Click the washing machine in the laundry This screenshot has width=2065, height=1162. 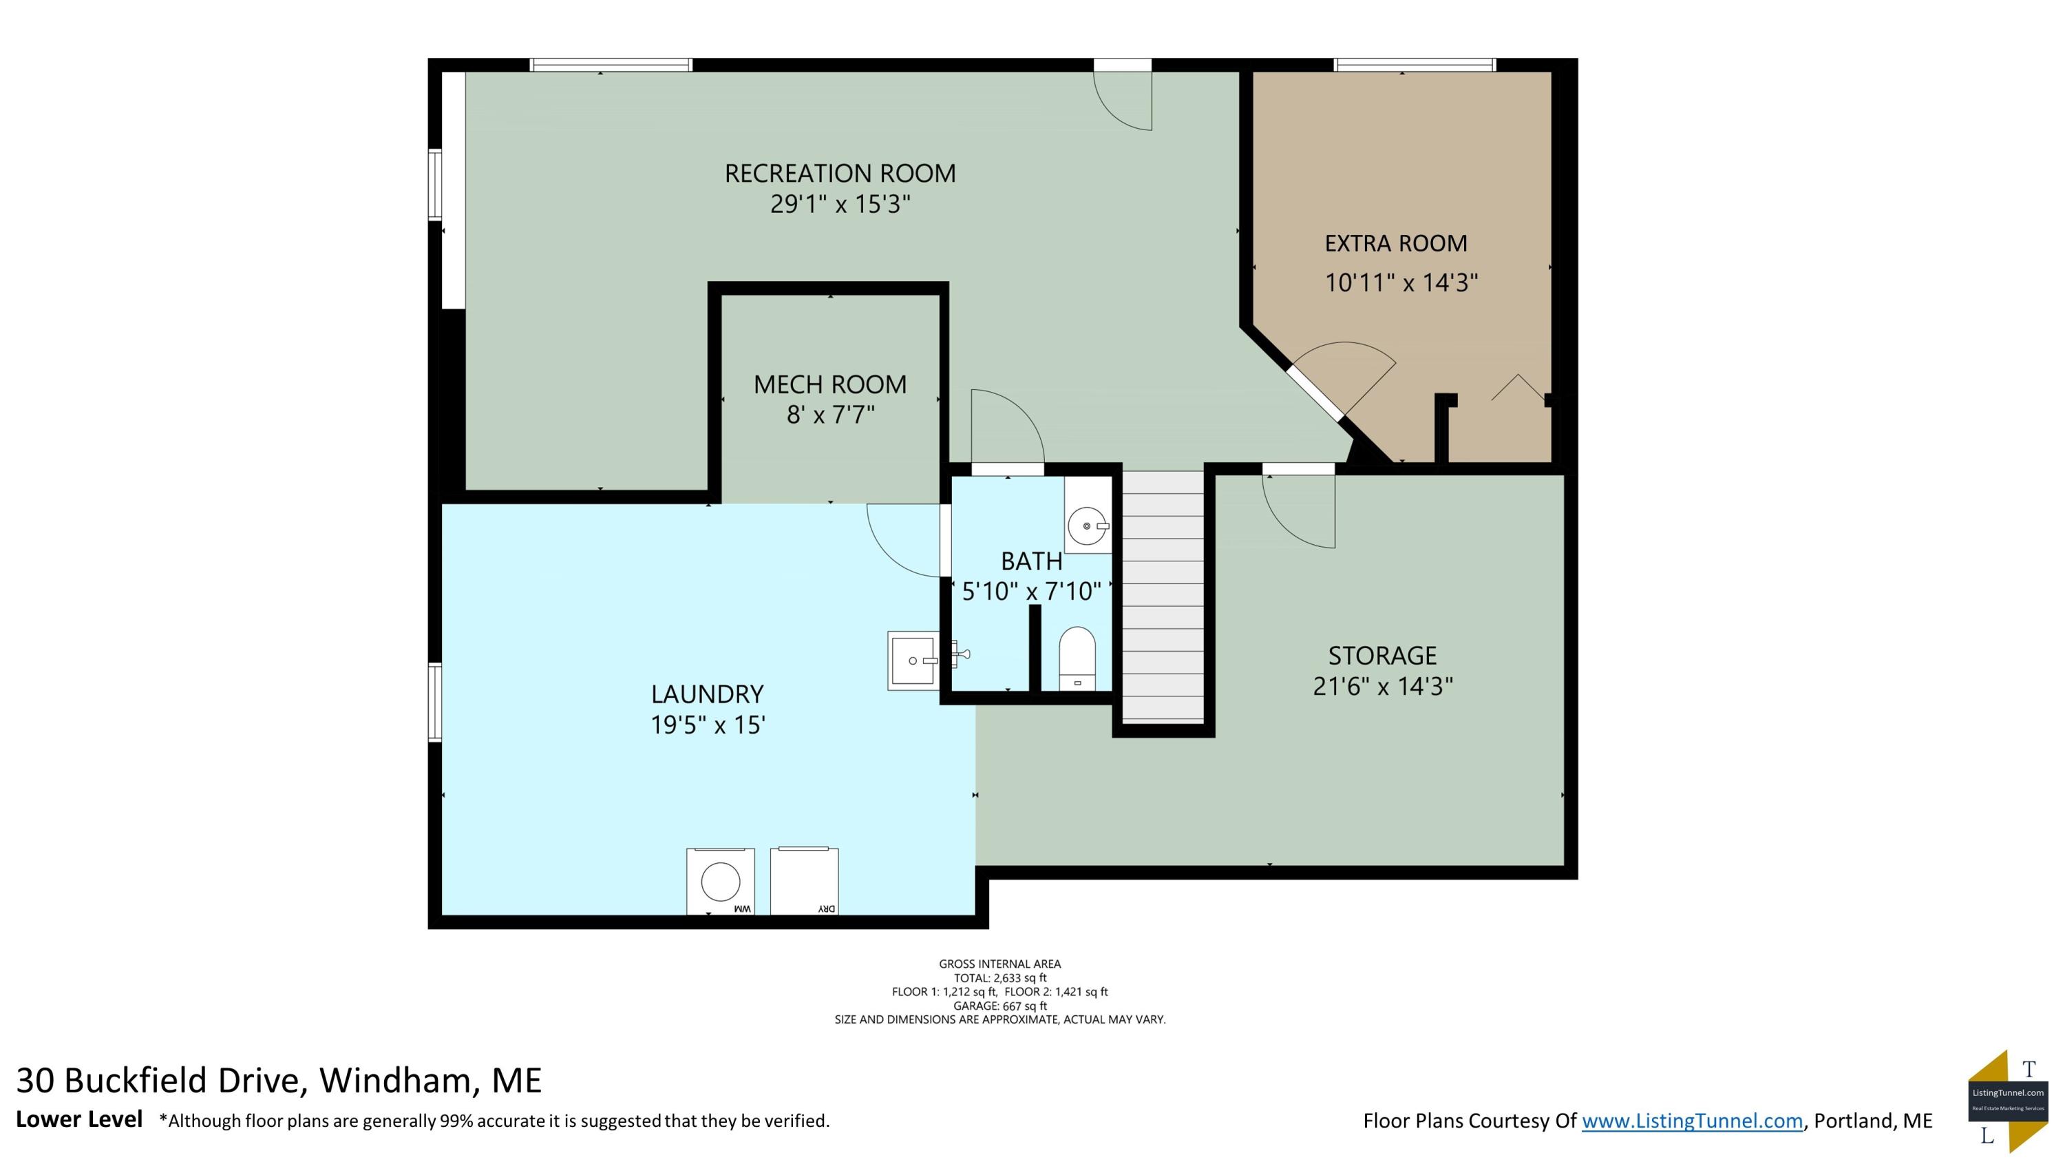pyautogui.click(x=720, y=880)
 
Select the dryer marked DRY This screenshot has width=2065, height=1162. pyautogui.click(x=804, y=880)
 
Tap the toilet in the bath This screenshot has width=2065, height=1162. pyautogui.click(x=1077, y=658)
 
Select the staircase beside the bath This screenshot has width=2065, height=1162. pyautogui.click(x=1163, y=596)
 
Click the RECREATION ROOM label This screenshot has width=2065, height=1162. pyautogui.click(x=840, y=173)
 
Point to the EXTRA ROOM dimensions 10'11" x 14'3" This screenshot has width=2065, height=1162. pyautogui.click(x=1401, y=282)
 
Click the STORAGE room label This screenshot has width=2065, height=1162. pyautogui.click(x=1382, y=655)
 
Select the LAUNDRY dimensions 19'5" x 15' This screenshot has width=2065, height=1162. pyautogui.click(x=707, y=725)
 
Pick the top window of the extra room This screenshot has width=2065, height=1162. pyautogui.click(x=1415, y=65)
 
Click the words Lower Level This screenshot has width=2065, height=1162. pyautogui.click(x=79, y=1119)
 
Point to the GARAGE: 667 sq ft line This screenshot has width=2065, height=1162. pyautogui.click(x=999, y=1006)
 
